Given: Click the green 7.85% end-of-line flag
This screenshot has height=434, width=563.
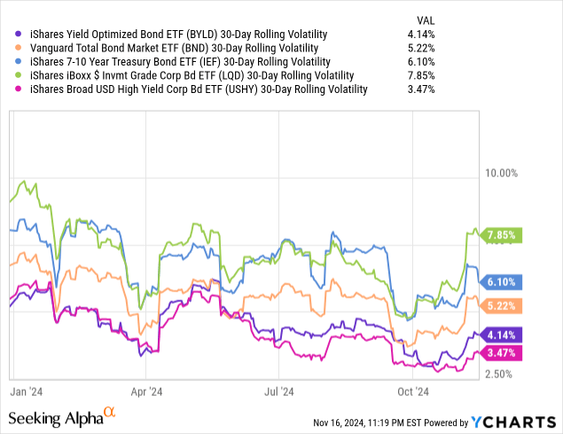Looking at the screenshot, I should [501, 235].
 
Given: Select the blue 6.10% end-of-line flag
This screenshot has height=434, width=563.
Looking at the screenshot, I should [501, 282].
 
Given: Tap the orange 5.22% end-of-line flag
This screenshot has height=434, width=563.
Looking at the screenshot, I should [501, 306].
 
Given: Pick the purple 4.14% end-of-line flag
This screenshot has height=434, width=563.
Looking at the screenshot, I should [501, 335].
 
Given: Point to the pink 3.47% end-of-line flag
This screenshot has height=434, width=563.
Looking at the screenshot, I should [501, 353].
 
